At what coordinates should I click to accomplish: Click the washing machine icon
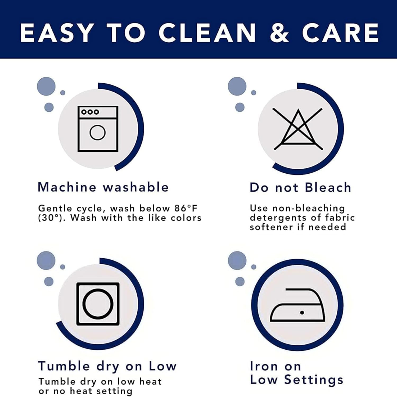point(98,129)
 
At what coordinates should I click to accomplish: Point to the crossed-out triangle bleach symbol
point(298,129)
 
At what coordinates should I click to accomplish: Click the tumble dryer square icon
point(98,304)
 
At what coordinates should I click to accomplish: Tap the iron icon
point(297,305)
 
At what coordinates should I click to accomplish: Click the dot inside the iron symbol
point(302,313)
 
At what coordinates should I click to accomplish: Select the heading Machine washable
point(103,187)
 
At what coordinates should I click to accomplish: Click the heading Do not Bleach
point(300,187)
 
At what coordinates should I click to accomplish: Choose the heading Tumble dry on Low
point(107,366)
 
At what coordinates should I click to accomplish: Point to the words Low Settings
point(296,380)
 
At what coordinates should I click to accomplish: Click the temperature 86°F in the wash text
point(186,208)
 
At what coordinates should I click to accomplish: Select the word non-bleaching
point(309,209)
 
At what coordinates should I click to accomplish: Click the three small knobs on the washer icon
point(90,112)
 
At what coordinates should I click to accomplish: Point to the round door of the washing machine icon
point(98,132)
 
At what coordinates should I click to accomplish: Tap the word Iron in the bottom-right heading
point(264,366)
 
